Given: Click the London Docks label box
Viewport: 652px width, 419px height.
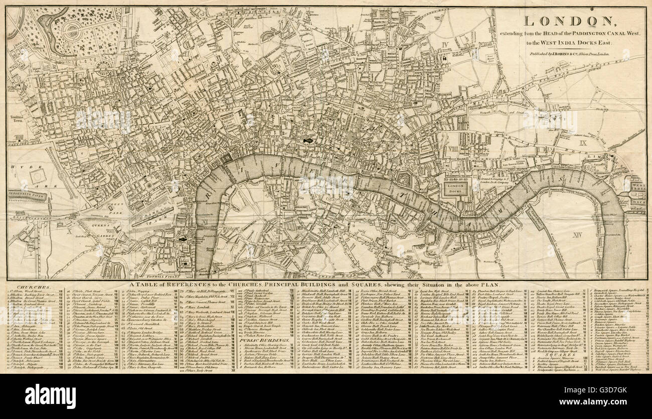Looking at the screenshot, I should (454, 188).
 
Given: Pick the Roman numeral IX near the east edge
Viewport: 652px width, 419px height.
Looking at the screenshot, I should (582, 144).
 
